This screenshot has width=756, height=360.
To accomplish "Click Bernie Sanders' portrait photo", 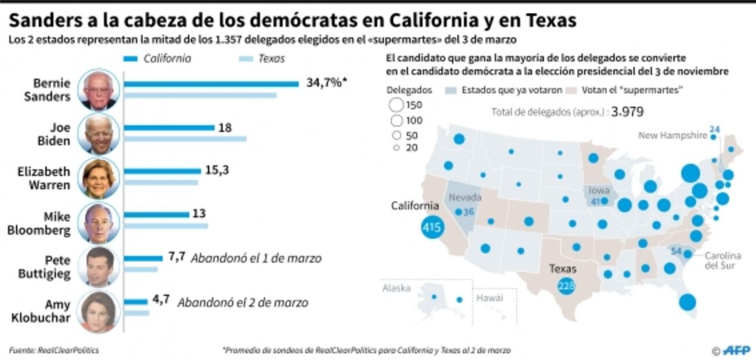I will [x=98, y=89].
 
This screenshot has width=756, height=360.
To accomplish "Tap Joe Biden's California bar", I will [x=169, y=128].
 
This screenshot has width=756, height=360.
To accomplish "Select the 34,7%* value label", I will [x=326, y=82].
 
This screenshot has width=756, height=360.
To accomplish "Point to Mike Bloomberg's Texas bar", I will [x=166, y=226].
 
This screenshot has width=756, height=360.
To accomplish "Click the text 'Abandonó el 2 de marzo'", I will [x=243, y=303].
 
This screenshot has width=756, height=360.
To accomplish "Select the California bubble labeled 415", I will [x=431, y=228].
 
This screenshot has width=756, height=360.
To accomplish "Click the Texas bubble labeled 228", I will [x=565, y=286].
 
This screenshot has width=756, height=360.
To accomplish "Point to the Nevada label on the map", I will [x=465, y=197].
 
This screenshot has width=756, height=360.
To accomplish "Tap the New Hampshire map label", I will [x=672, y=136].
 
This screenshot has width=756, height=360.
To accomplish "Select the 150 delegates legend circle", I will [x=397, y=105].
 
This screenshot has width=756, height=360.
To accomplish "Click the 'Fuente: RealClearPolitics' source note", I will [x=53, y=350].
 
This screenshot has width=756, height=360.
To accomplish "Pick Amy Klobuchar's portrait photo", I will [x=98, y=311].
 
